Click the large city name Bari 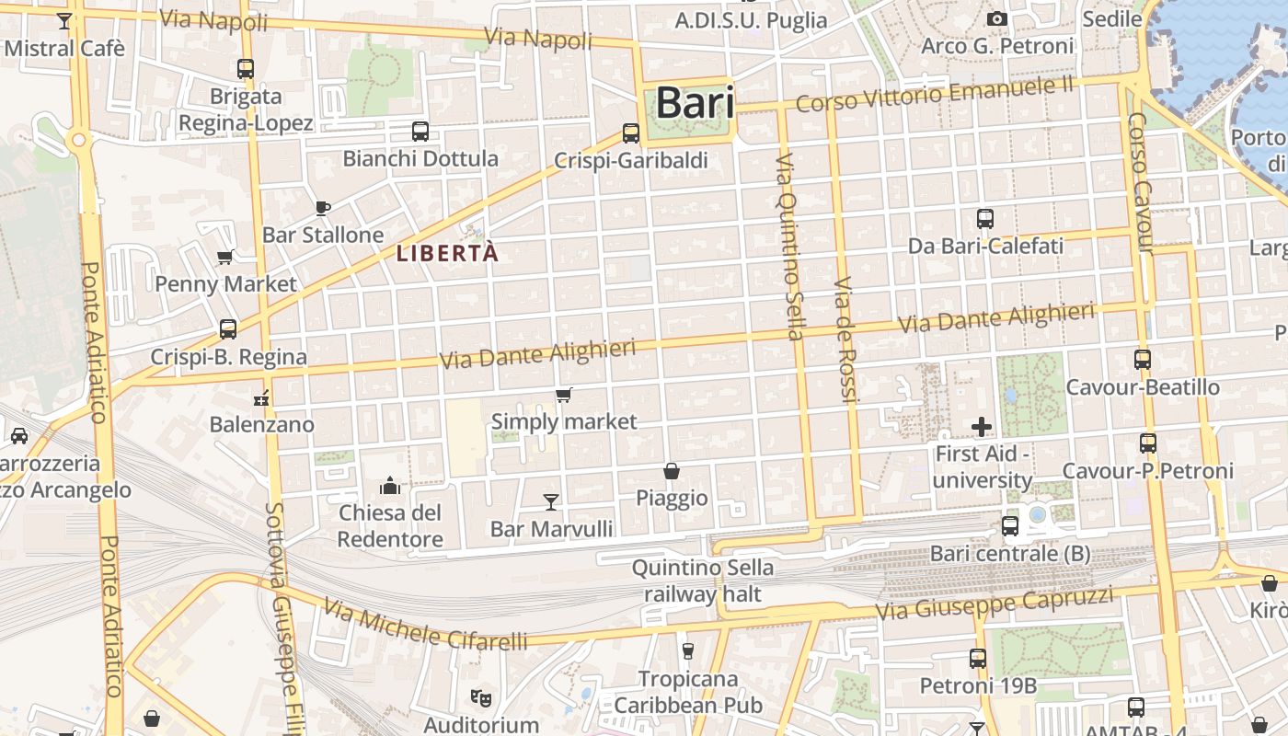pyautogui.click(x=695, y=102)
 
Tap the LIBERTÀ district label pyautogui.click(x=447, y=253)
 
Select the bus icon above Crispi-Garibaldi pyautogui.click(x=631, y=133)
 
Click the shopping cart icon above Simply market pyautogui.click(x=564, y=395)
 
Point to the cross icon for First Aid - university pyautogui.click(x=982, y=426)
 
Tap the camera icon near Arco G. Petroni pyautogui.click(x=996, y=18)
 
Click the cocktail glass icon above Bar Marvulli pyautogui.click(x=551, y=501)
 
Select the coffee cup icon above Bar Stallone pyautogui.click(x=322, y=208)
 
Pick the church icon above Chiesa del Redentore pyautogui.click(x=390, y=485)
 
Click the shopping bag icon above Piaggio pyautogui.click(x=672, y=471)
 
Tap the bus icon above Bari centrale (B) pyautogui.click(x=1010, y=526)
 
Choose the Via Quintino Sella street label pyautogui.click(x=789, y=246)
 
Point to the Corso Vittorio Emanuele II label pyautogui.click(x=935, y=94)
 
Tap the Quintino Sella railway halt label pyautogui.click(x=702, y=581)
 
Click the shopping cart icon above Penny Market pyautogui.click(x=225, y=257)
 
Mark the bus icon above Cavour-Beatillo pyautogui.click(x=1143, y=360)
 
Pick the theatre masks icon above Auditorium pyautogui.click(x=480, y=698)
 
